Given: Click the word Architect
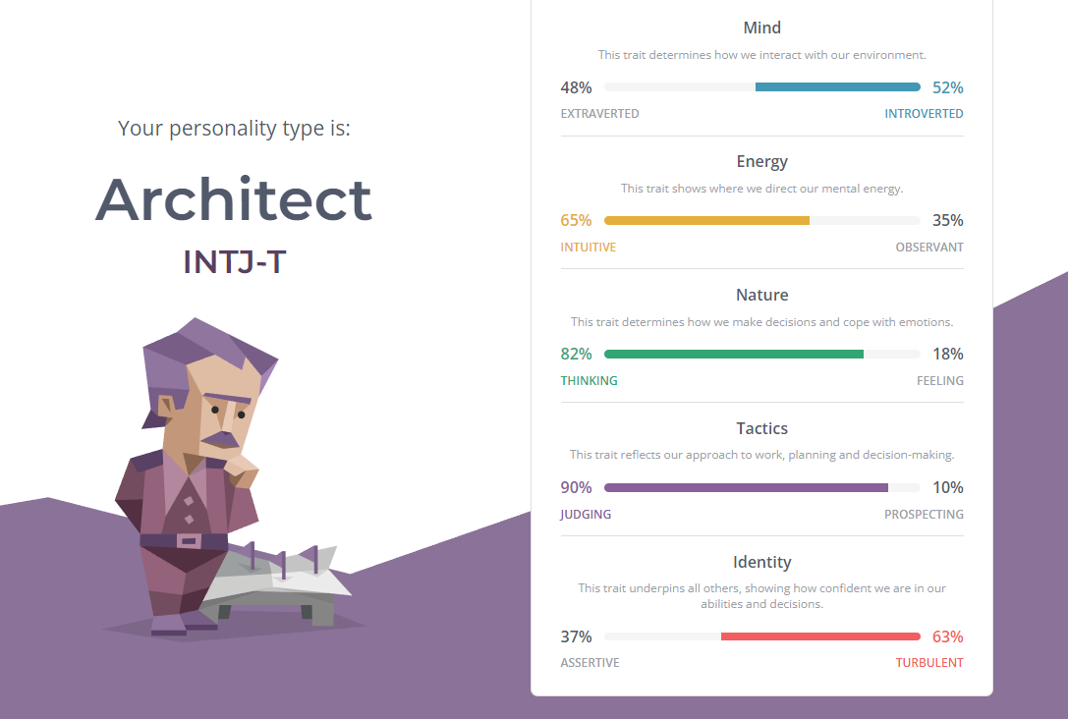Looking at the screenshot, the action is coord(234,199).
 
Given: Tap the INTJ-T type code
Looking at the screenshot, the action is coord(234,262).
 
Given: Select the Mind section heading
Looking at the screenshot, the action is coord(762,28).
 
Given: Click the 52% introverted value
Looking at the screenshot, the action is coord(947,87).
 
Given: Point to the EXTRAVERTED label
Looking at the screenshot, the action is coord(599,114).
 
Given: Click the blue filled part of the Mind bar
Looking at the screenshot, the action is coord(838,87).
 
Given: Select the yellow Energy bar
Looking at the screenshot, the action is coord(707,221).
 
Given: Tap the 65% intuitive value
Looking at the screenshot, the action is coord(576,221).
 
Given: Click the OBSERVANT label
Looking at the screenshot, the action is coord(929,248).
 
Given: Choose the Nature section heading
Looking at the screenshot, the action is coord(762,295).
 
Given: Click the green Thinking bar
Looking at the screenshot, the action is coord(734,354).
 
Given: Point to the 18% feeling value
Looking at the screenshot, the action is coord(947,354).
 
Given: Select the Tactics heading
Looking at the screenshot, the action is coord(762,428).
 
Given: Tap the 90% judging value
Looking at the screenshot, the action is coord(576,487).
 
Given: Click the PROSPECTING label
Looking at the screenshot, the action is coord(924,514).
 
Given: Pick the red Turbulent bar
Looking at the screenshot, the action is coord(820,636).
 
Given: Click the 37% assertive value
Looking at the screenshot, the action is coord(576,636).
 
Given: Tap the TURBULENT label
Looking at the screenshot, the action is coord(929,662).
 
